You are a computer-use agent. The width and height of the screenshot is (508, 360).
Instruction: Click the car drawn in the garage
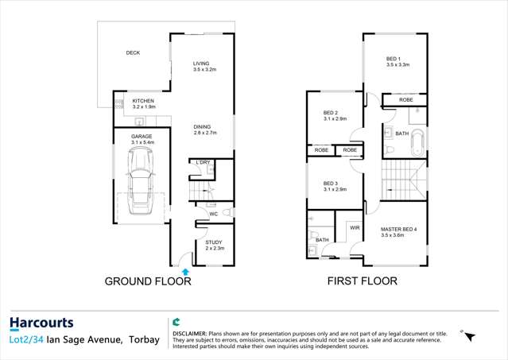(142, 179)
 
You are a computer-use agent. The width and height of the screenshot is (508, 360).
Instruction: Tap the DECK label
(133, 53)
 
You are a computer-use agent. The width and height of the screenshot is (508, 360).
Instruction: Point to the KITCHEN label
(143, 101)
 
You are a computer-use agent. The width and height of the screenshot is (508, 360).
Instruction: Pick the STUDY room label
(214, 242)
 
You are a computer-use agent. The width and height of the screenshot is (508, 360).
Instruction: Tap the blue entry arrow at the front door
(186, 272)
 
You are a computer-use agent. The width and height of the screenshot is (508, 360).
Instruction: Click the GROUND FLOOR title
(148, 281)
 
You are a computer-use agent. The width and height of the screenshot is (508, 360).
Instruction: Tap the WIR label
(355, 227)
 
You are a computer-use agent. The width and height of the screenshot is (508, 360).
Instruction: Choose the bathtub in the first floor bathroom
(419, 136)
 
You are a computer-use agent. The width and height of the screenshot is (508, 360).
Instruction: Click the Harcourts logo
(41, 323)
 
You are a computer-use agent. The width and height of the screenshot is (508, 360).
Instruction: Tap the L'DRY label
(204, 162)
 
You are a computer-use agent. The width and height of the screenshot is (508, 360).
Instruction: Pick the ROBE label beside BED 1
(405, 100)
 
